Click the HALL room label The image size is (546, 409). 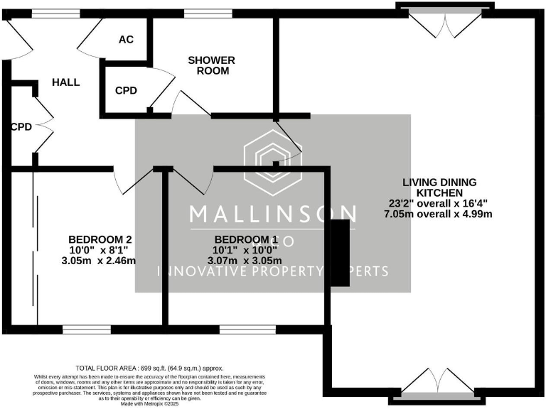coord(65,82)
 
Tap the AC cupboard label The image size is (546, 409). coord(126,40)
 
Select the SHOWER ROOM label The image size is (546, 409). coord(211,65)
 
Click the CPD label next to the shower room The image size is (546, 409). coord(126,91)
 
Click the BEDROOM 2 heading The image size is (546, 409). coord(100,239)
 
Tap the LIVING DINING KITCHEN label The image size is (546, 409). coord(438,187)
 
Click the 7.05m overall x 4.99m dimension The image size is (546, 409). coord(438,214)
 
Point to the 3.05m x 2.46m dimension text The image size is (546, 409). coord(100,261)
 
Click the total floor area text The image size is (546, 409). coord(149,369)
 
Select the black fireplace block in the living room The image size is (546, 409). coord(340,253)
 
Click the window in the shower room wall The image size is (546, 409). coord(203,13)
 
